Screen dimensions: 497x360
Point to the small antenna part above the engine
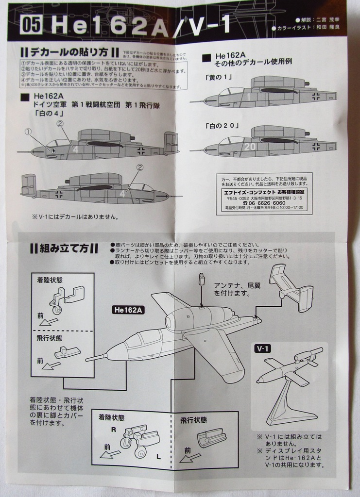[x=202, y=280]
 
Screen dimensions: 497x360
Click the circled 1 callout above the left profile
[x=28, y=132]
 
